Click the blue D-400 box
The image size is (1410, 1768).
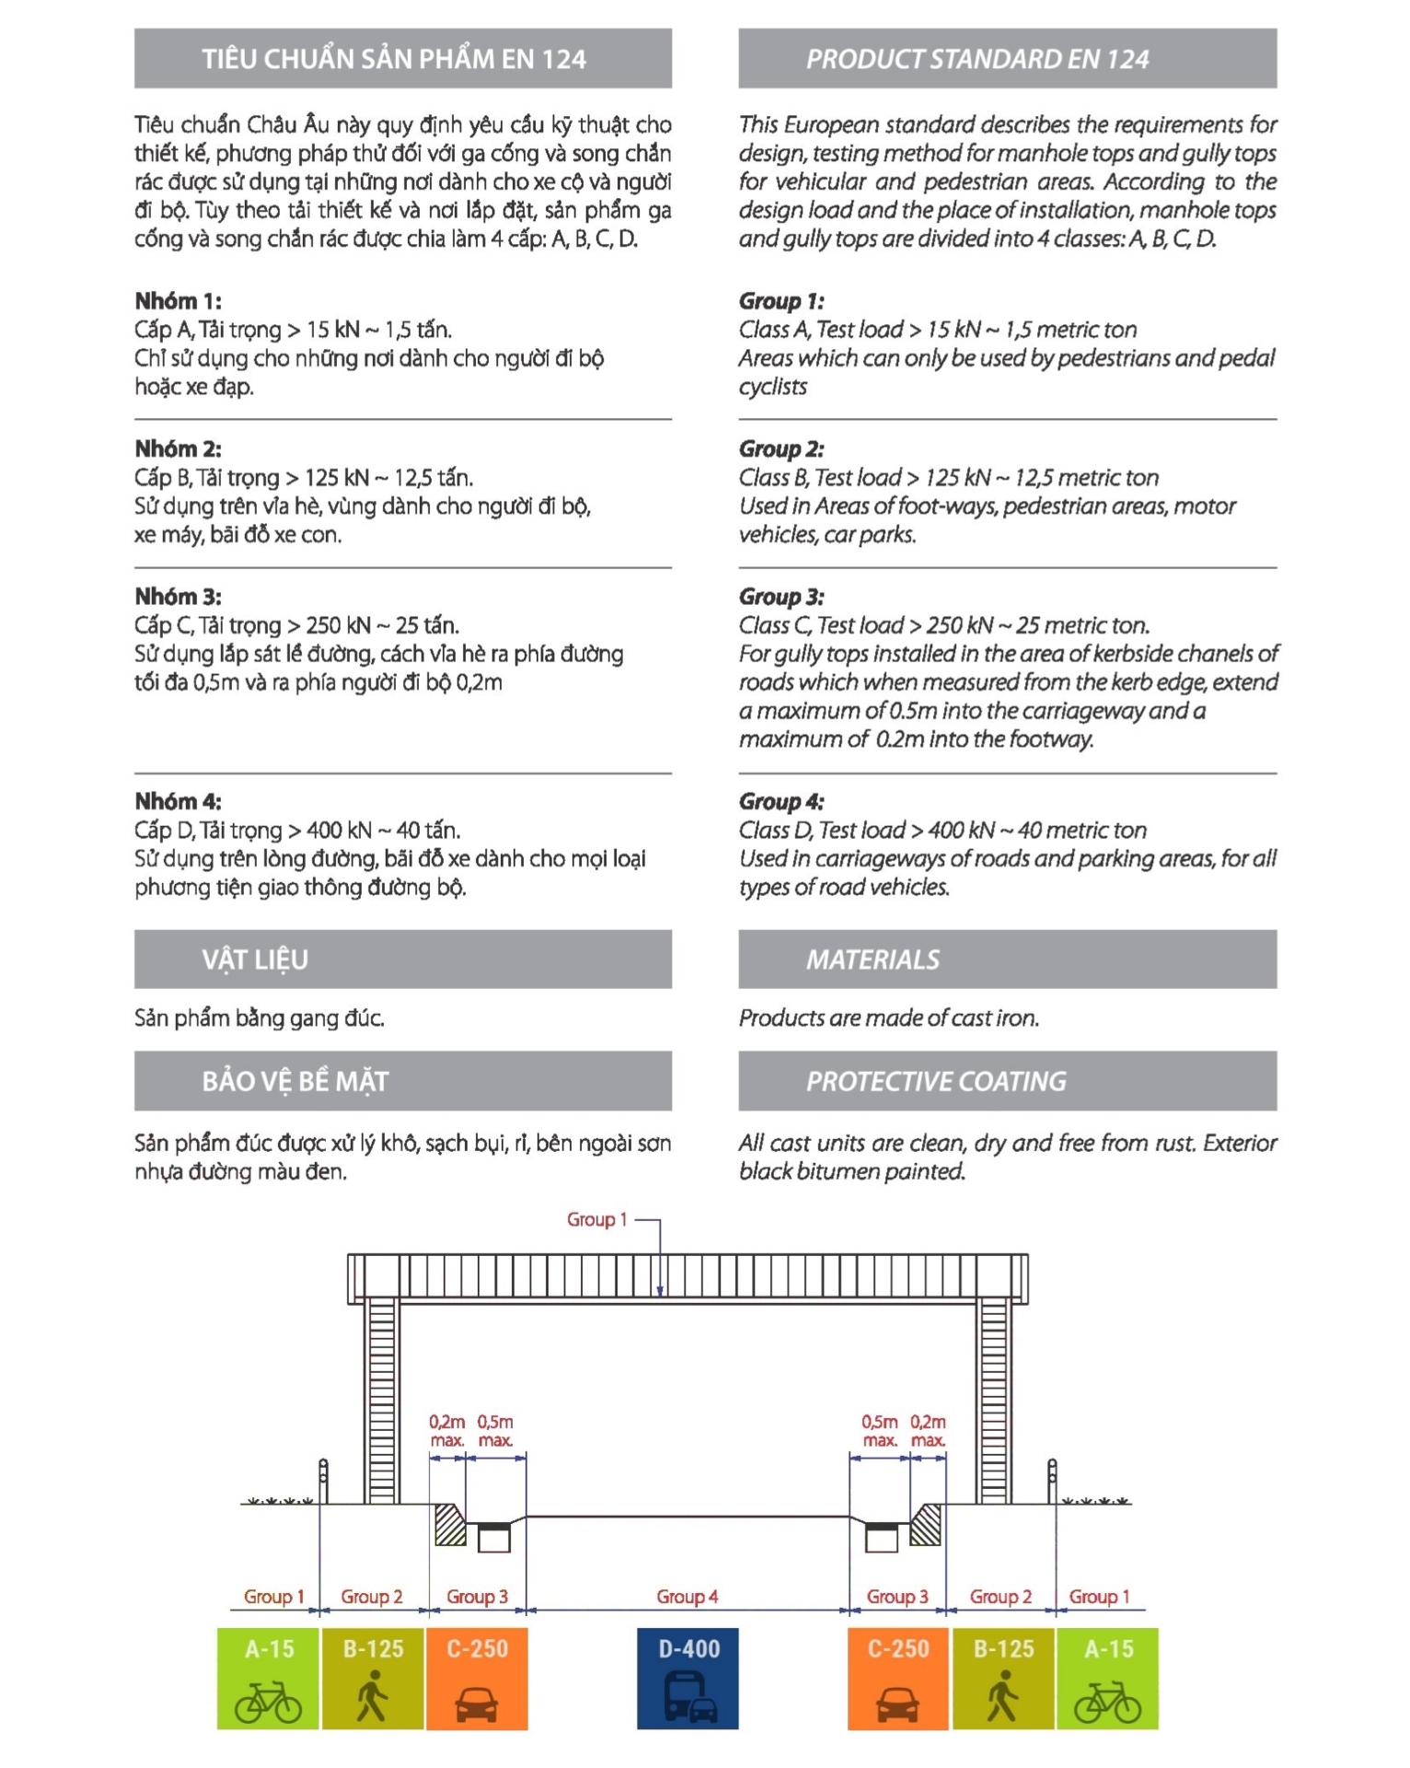click(x=687, y=1677)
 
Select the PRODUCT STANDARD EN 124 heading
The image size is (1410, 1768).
click(x=977, y=59)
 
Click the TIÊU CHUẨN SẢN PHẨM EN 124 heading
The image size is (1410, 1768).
click(x=394, y=59)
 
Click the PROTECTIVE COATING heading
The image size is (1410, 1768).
click(x=936, y=1081)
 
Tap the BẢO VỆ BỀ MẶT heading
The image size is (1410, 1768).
click(x=295, y=1081)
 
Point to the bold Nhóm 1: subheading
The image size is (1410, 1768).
click(x=178, y=301)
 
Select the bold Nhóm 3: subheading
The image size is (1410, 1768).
click(x=178, y=597)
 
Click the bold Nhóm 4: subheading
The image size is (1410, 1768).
click(x=178, y=801)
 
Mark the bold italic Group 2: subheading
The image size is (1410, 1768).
click(x=781, y=449)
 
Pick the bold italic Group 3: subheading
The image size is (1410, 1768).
click(x=781, y=597)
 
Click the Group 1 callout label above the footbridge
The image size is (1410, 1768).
click(x=596, y=1219)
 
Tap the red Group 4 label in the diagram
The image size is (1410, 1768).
click(x=687, y=1597)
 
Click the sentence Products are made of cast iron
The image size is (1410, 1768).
click(x=888, y=1018)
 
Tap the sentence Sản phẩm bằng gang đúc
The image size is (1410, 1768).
click(x=259, y=1018)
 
